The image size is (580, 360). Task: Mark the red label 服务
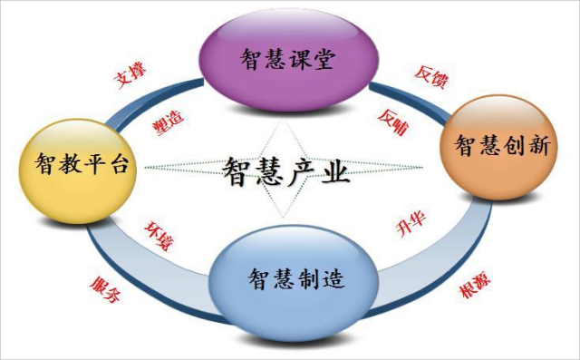[x=103, y=289]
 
